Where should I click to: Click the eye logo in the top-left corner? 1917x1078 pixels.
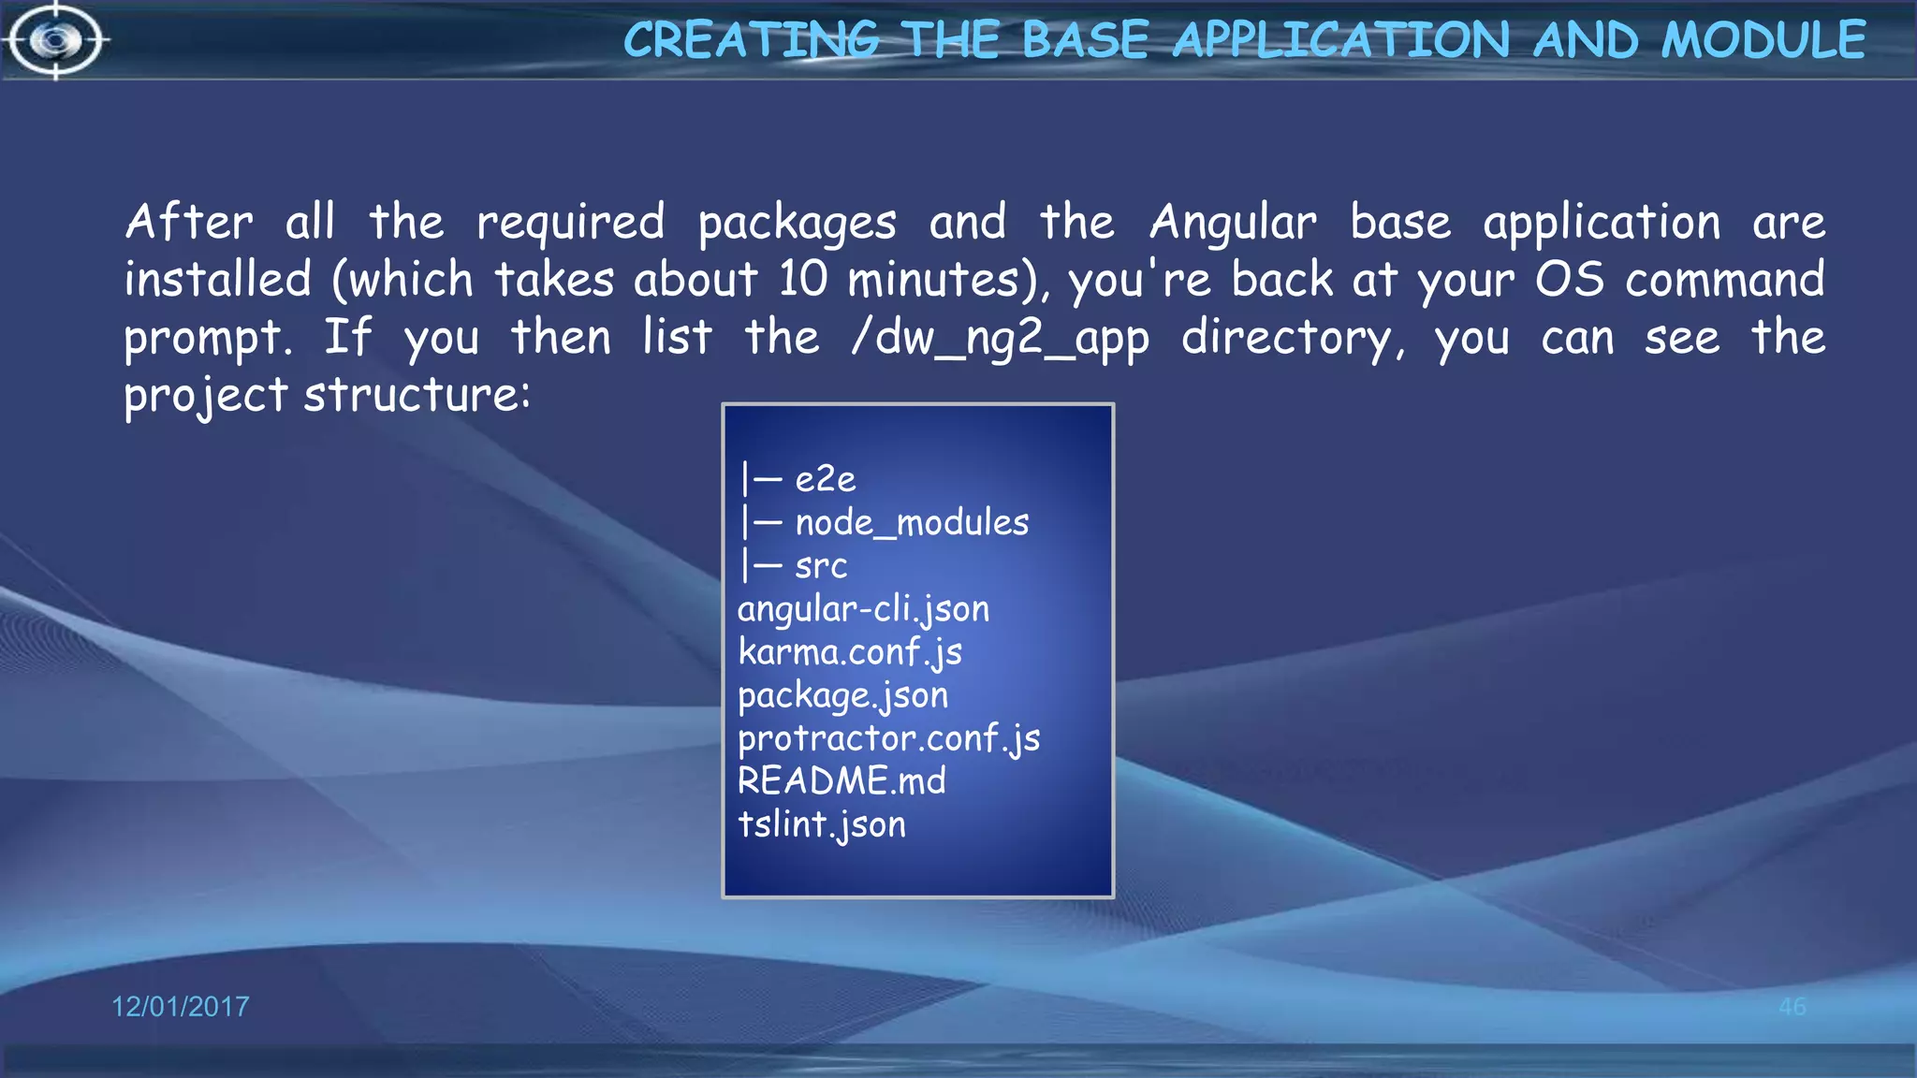coord(56,40)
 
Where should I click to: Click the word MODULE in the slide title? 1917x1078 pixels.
coord(1763,40)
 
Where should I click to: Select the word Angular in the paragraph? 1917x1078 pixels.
coord(1233,224)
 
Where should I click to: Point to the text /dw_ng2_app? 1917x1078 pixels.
coord(1000,338)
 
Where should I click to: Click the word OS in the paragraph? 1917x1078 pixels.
coord(1570,280)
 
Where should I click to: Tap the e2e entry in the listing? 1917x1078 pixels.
coord(825,479)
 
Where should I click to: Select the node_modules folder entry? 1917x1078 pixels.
coord(912,522)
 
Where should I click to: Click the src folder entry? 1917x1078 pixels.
coord(821,565)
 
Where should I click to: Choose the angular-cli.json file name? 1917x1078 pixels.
coord(863,609)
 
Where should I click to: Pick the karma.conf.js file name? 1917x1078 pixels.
coord(850,652)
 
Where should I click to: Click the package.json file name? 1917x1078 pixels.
coord(842,695)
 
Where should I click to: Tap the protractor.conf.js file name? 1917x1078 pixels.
coord(888,738)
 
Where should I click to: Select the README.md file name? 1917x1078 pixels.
coord(841,781)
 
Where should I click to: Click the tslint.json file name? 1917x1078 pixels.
coord(822,824)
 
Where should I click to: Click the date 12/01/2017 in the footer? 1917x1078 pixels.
coord(181,1007)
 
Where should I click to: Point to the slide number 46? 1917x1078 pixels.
coord(1792,1007)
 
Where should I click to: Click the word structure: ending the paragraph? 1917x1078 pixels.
coord(417,395)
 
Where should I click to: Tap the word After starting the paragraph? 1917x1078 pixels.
coord(189,224)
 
